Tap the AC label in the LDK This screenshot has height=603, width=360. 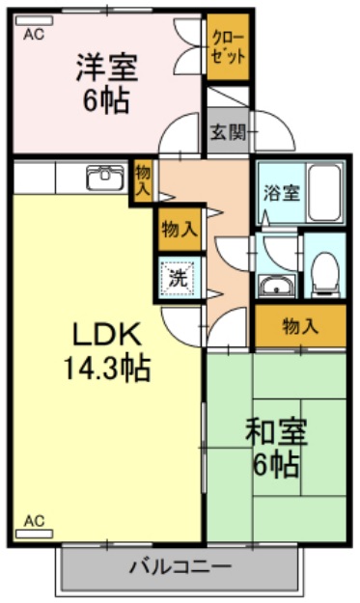pyautogui.click(x=34, y=522)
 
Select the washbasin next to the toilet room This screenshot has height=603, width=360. pyautogui.click(x=276, y=286)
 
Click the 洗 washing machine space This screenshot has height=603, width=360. pyautogui.click(x=180, y=278)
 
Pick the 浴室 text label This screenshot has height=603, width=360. pyautogui.click(x=282, y=191)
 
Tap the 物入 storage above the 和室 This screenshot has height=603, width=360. pyautogui.click(x=299, y=327)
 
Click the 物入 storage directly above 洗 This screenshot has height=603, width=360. pyautogui.click(x=180, y=229)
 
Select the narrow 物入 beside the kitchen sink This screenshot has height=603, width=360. pyautogui.click(x=143, y=180)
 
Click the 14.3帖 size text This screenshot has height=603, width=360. pyautogui.click(x=108, y=368)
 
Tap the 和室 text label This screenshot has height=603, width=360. pyautogui.click(x=275, y=431)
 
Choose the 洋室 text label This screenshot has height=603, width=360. pyautogui.click(x=106, y=68)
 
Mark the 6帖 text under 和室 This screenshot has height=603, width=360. pyautogui.click(x=275, y=465)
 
